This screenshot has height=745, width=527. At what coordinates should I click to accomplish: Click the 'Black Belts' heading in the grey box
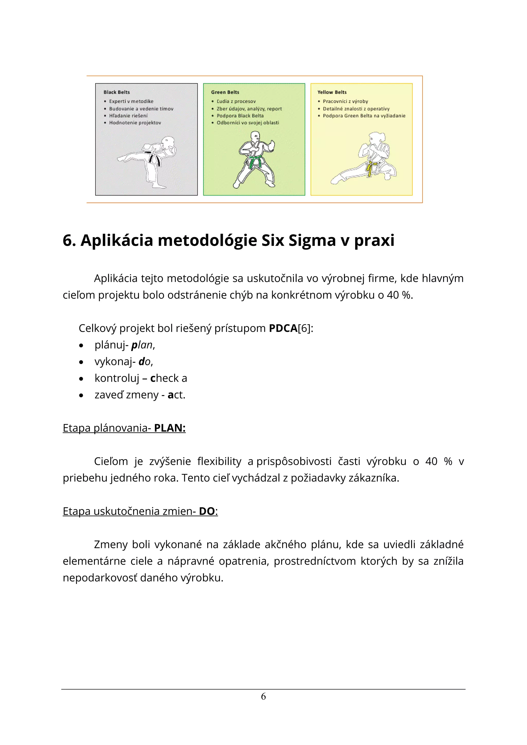click(x=117, y=92)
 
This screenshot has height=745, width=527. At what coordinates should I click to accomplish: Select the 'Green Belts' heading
click(x=225, y=92)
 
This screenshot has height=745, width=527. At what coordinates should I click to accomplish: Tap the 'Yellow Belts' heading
click(x=332, y=92)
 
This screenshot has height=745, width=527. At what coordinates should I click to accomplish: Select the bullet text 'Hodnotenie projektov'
click(x=135, y=123)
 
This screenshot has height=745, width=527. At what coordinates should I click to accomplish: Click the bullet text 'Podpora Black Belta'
click(x=240, y=116)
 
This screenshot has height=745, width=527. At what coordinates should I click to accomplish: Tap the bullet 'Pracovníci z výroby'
click(x=345, y=101)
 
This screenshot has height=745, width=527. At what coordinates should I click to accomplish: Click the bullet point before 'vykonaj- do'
click(x=81, y=362)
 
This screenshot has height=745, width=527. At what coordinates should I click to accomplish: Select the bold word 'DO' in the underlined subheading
click(x=207, y=511)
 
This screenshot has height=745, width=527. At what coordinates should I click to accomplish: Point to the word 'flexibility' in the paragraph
click(x=219, y=462)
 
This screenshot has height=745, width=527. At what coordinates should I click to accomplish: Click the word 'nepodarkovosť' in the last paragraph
click(x=100, y=578)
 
